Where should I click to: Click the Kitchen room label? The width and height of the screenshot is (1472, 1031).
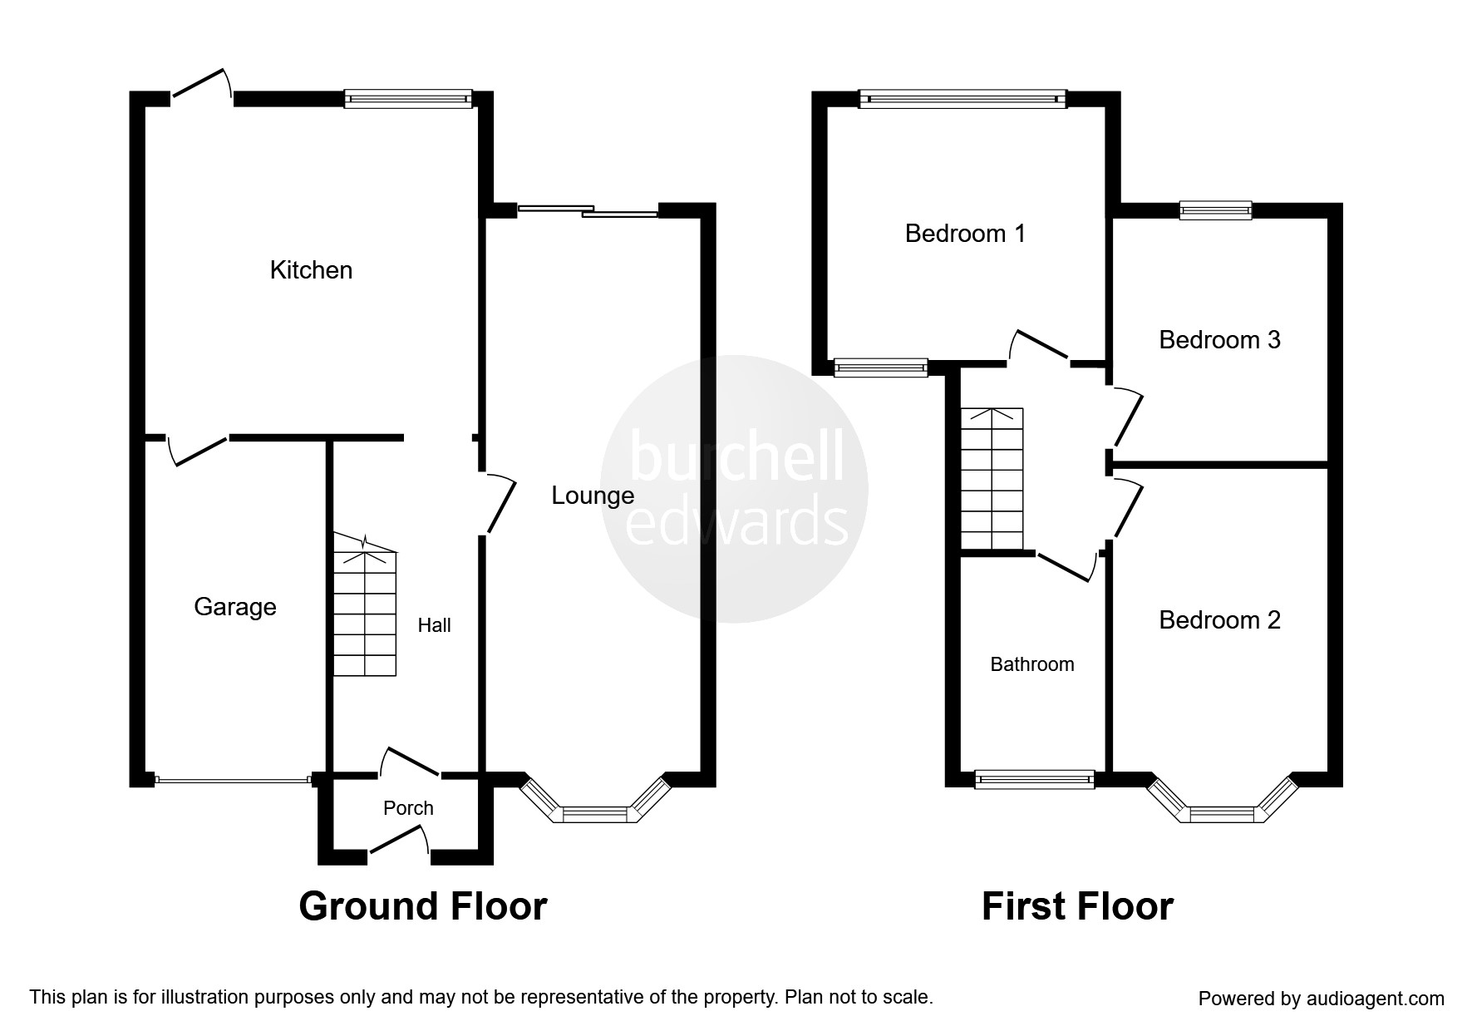311,270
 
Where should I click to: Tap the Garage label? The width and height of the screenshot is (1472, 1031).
234,607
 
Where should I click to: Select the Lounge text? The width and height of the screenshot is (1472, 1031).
593,496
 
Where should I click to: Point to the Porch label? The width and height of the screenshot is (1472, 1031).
408,808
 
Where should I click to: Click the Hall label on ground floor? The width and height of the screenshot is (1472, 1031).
434,625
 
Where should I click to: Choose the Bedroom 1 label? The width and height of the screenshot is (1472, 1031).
965,234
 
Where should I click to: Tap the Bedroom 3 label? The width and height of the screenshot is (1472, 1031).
1219,340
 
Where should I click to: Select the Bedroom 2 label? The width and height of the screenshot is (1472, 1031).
1219,620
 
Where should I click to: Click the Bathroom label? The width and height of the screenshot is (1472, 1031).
1031,664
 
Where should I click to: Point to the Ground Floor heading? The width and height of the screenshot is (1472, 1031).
422,906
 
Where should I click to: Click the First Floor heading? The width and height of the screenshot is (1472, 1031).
1076,906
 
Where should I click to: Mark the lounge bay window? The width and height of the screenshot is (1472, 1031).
594,812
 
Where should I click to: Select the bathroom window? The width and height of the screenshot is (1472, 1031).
1034,779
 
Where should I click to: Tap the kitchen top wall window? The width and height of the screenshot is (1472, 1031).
408,99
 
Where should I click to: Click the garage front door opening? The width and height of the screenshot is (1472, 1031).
232,780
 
